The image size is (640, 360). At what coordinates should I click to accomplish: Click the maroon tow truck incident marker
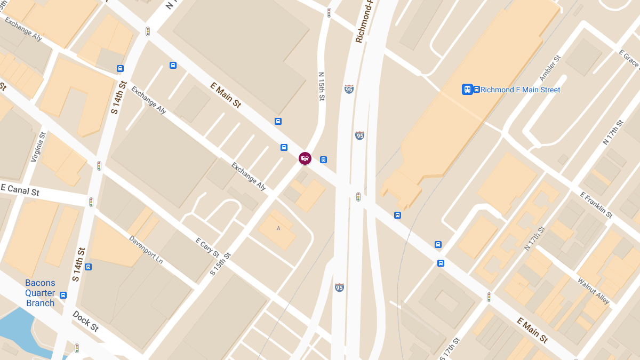click(305, 158)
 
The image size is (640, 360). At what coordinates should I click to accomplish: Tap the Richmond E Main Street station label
click(520, 90)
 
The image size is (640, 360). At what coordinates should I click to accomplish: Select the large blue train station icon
click(467, 90)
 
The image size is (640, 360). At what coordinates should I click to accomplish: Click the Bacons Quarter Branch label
click(40, 293)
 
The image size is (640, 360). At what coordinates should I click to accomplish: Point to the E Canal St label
click(20, 189)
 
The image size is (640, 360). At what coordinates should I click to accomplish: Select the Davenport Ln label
click(146, 249)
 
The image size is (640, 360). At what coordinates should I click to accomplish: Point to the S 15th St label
click(220, 263)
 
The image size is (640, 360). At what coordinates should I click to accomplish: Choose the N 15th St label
click(321, 87)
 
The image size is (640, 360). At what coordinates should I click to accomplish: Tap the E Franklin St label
click(596, 205)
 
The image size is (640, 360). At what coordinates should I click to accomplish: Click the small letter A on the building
click(278, 229)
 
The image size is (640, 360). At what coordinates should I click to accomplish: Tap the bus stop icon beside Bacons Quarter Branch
click(63, 295)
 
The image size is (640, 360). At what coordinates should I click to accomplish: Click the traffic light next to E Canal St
click(91, 202)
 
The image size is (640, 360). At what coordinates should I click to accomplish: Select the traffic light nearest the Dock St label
click(77, 348)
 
